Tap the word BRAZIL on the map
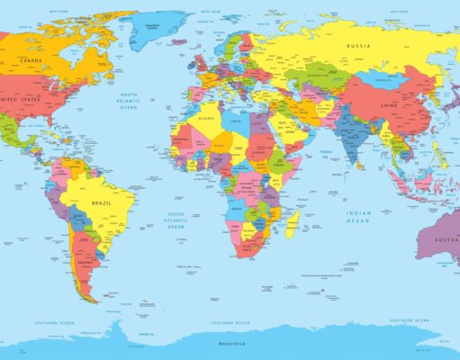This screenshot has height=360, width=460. coord(102,204)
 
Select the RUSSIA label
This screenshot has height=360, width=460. coord(358,45)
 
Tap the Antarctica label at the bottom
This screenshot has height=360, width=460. coord(230,343)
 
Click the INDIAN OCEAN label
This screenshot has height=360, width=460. coord(358,217)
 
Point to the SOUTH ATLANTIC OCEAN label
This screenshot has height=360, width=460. coord(175,220)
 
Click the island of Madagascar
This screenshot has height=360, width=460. coord(293,221)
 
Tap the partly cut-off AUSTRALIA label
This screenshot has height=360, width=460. coord(446,240)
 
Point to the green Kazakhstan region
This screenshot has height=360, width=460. coord(318,78)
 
